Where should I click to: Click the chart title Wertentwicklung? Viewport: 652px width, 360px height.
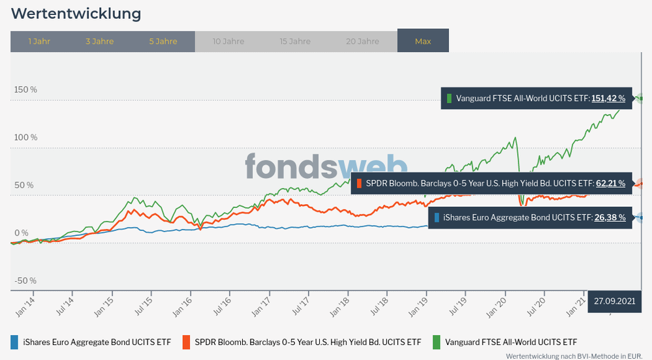76,13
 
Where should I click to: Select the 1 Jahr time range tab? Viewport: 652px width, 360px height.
39,41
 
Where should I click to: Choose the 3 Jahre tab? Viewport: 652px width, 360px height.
99,41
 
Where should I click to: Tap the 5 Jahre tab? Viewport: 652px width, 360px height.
163,41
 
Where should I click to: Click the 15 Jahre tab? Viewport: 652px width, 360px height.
295,41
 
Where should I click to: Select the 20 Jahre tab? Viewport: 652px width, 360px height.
362,41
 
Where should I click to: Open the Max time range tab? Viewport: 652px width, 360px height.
423,41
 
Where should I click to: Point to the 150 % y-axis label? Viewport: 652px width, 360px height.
26,89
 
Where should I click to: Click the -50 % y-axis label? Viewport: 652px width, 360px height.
26,280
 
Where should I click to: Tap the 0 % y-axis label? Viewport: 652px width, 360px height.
22,233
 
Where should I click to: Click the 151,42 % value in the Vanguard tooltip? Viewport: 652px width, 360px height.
608,98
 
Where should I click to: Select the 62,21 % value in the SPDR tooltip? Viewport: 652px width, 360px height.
610,183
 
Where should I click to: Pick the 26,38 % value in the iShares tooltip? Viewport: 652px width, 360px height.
610,217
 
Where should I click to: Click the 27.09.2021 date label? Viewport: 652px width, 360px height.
614,301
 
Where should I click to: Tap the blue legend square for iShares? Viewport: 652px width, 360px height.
14,342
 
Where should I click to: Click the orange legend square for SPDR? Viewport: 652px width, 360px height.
186,342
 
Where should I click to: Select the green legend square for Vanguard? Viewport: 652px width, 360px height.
436,342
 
